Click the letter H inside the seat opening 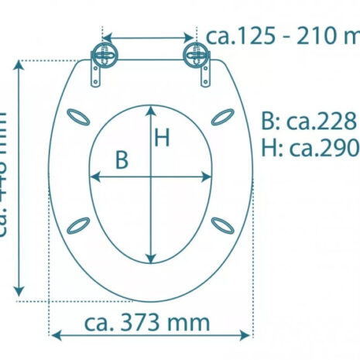[161, 138]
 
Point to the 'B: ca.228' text [308, 122]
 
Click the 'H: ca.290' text [308, 146]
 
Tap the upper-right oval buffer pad [222, 116]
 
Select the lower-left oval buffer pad [77, 225]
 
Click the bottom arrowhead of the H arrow [150, 258]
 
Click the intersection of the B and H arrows [150, 177]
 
